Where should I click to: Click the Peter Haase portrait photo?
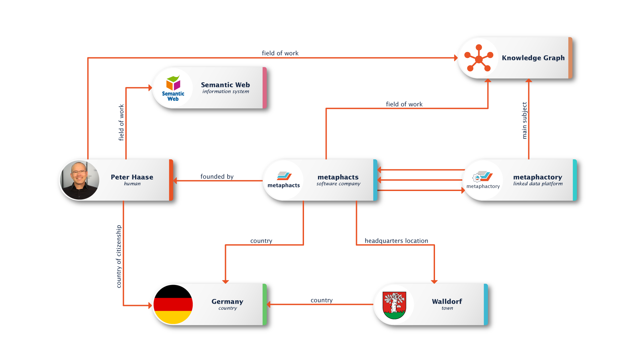click(80, 180)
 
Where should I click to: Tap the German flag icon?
click(173, 304)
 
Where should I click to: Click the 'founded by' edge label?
click(217, 177)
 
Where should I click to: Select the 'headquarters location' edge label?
click(396, 241)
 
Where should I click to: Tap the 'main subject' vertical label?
click(524, 121)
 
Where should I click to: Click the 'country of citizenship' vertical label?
click(119, 256)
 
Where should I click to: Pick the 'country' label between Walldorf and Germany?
click(322, 300)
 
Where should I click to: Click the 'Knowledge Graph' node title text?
click(533, 58)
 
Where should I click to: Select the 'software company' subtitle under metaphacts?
click(338, 184)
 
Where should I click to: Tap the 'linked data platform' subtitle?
click(538, 184)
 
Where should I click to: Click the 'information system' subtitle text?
click(226, 91)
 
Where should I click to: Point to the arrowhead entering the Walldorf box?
click(434, 282)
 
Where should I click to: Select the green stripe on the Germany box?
click(264, 304)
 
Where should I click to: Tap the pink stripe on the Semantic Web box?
click(264, 88)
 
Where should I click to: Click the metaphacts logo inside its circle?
click(284, 176)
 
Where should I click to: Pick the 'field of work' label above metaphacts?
click(404, 104)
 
